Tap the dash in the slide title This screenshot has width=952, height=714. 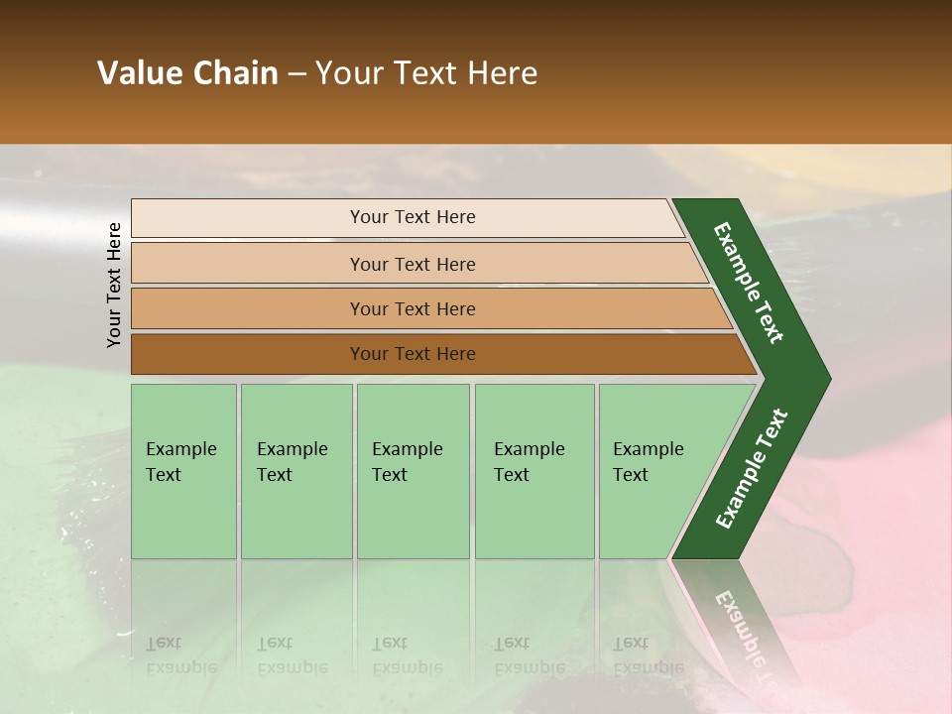(x=297, y=74)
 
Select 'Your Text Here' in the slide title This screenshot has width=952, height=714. (x=426, y=73)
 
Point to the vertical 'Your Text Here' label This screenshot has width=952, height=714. (x=114, y=285)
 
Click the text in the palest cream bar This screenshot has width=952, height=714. (x=413, y=217)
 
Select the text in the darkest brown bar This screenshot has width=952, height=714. (x=413, y=354)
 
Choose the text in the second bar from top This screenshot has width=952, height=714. (x=413, y=265)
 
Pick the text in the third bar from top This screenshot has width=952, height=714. (x=413, y=309)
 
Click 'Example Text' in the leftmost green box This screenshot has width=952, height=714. (x=180, y=462)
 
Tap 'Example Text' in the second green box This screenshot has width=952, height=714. (x=292, y=462)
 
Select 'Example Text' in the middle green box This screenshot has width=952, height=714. (x=407, y=462)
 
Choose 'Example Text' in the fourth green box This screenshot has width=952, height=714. (x=529, y=462)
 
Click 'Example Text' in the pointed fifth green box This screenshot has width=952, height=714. (x=648, y=462)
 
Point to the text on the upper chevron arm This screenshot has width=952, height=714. (x=749, y=283)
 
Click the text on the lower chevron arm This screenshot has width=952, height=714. (x=752, y=469)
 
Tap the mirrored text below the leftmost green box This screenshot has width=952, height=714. (x=180, y=655)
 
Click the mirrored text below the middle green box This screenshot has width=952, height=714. (x=407, y=655)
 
